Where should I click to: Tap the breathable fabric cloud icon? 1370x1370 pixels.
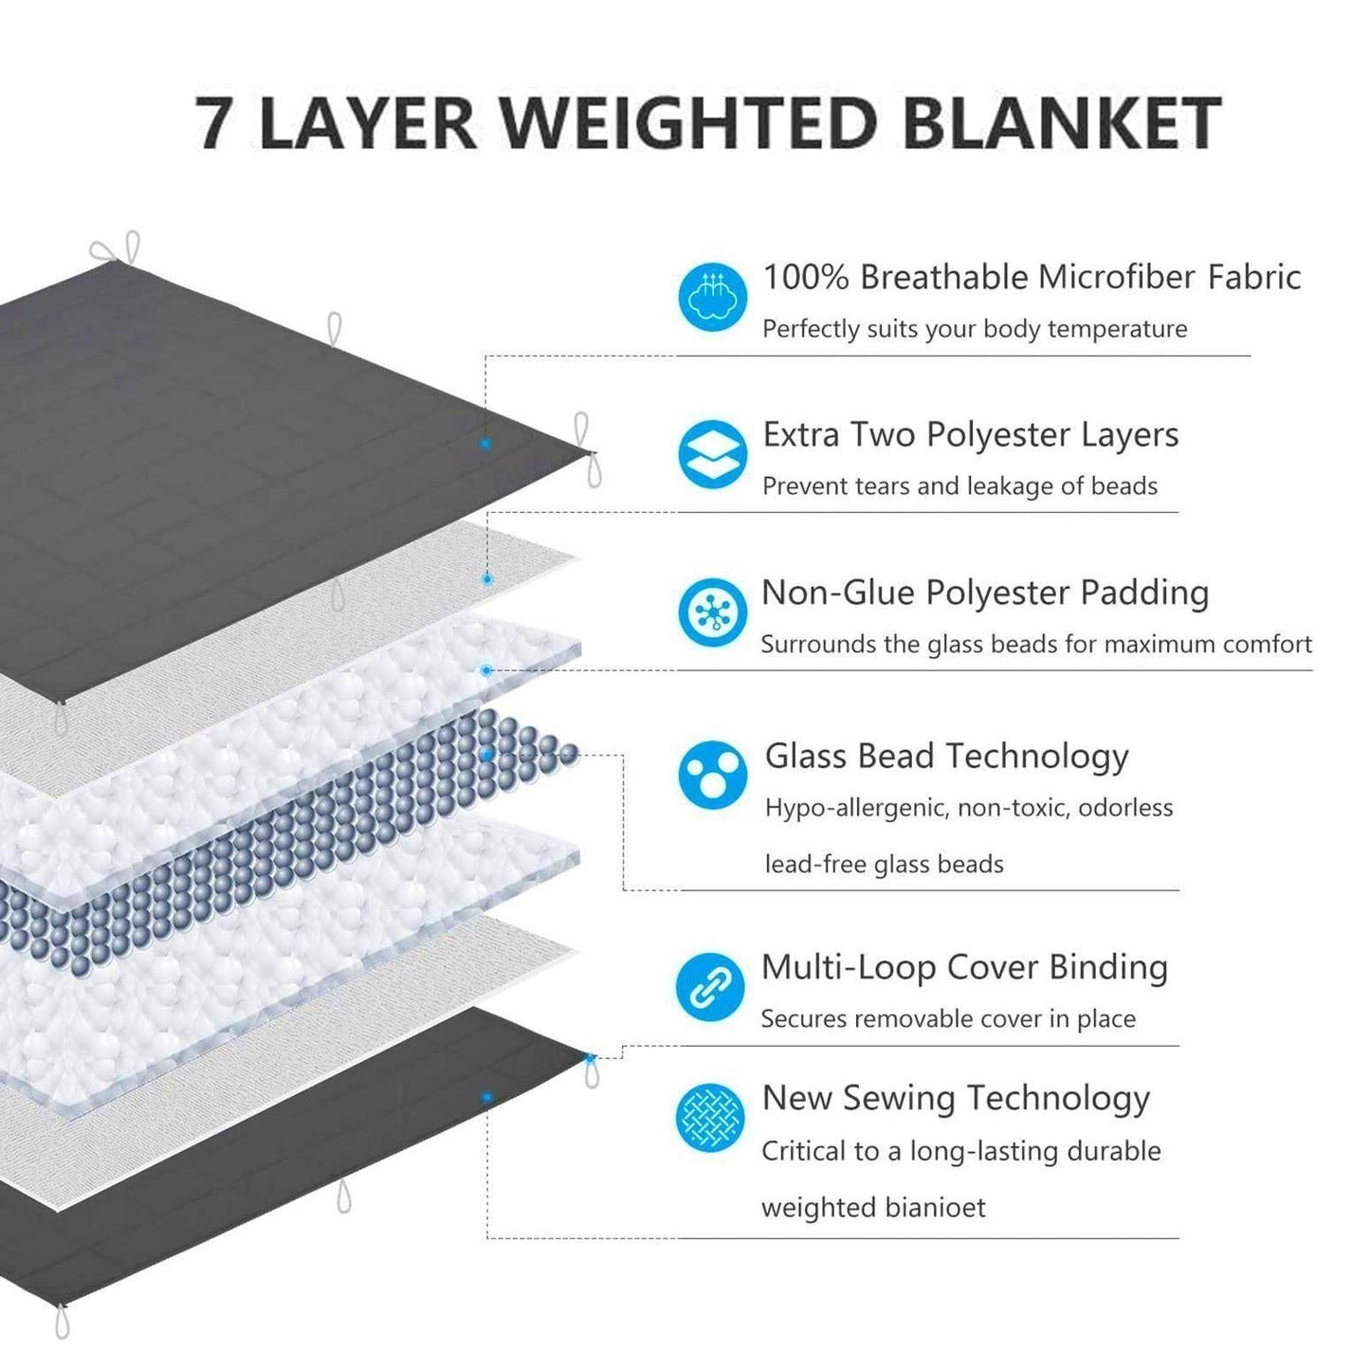coord(712,297)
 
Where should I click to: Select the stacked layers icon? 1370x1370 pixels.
coord(712,454)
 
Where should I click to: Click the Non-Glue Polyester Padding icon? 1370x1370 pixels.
coord(712,612)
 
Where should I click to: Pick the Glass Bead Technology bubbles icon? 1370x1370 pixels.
coord(712,775)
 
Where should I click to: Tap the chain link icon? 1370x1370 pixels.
coord(710,987)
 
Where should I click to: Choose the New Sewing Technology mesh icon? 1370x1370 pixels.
coord(710,1118)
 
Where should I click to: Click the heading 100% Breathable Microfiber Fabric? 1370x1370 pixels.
coord(1032,277)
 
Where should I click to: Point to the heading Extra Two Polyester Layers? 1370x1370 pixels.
coord(971,434)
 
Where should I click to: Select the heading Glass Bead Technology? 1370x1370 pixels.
coord(946,756)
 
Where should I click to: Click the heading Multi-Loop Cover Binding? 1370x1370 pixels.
coord(964,967)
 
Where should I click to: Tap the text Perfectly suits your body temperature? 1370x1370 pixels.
coord(975,329)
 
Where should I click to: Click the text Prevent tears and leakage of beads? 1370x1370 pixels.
coord(959,486)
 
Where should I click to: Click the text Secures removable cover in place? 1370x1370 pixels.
coord(948,1019)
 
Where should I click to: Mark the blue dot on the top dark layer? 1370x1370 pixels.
coord(485,443)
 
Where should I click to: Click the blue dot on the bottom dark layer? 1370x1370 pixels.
coord(486,1097)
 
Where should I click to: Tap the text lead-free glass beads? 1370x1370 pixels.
coord(884,865)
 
